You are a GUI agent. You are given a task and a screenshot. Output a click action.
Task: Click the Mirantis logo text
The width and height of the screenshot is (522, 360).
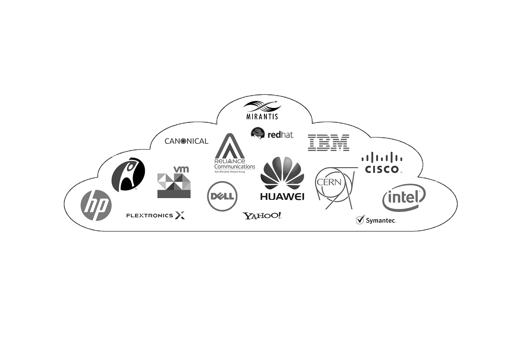(262, 117)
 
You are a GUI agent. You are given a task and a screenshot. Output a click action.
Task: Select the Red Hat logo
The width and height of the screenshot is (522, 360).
(272, 134)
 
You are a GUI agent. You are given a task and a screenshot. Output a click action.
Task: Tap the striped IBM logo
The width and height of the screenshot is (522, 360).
(328, 143)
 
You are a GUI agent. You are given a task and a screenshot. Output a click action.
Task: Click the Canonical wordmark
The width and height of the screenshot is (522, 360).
(186, 141)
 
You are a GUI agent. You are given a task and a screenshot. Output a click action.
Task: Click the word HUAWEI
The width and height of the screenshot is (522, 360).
(282, 196)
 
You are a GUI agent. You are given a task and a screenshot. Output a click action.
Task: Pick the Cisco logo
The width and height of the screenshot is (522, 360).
(382, 163)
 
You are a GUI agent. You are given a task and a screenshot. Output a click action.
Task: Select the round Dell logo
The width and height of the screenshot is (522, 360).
(222, 196)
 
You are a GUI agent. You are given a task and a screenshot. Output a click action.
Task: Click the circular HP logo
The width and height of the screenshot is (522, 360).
(96, 205)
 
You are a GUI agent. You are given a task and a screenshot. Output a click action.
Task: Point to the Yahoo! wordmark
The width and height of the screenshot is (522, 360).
(262, 215)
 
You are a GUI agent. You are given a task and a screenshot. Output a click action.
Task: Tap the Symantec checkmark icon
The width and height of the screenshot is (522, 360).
(360, 220)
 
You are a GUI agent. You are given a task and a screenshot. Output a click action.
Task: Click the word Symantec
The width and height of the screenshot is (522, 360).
(381, 221)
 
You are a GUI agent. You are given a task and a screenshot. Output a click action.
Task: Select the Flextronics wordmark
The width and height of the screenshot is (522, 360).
(149, 215)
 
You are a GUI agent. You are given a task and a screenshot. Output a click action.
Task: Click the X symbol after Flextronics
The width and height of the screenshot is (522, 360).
(180, 215)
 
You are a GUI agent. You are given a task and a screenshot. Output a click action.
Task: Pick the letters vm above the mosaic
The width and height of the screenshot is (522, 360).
(181, 169)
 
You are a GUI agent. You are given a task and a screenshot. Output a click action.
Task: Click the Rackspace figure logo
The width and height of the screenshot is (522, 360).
(128, 174)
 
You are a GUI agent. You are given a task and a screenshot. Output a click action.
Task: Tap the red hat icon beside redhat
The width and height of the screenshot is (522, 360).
(258, 133)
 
